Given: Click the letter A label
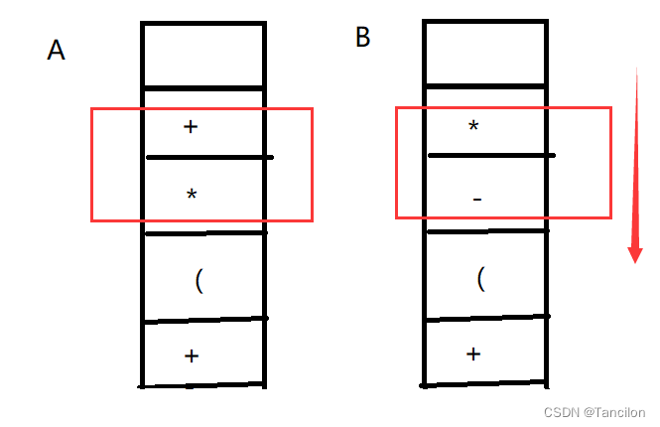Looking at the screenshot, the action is pyautogui.click(x=57, y=50).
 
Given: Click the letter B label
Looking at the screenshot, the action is pyautogui.click(x=363, y=38).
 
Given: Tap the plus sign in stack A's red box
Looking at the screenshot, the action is pyautogui.click(x=192, y=127).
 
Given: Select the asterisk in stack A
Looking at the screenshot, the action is pyautogui.click(x=192, y=195).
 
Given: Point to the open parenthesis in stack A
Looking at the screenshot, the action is pyautogui.click(x=199, y=281).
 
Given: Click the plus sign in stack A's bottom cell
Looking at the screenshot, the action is pyautogui.click(x=192, y=355).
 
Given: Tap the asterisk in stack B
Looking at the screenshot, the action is pyautogui.click(x=474, y=127).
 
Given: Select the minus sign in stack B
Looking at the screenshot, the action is pyautogui.click(x=477, y=201).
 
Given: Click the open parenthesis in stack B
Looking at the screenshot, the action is pyautogui.click(x=481, y=278).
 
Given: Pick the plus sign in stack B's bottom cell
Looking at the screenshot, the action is pyautogui.click(x=474, y=353).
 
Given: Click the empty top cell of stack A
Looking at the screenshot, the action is pyautogui.click(x=203, y=55).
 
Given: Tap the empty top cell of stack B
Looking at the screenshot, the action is pyautogui.click(x=485, y=54).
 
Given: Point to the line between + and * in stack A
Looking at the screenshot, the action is pyautogui.click(x=208, y=157).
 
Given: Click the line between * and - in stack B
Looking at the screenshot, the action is pyautogui.click(x=491, y=155).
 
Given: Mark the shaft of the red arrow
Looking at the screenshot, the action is pyautogui.click(x=633, y=149).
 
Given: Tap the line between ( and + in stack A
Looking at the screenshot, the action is pyautogui.click(x=203, y=321).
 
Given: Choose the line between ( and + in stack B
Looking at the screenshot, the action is pyautogui.click(x=486, y=318).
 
